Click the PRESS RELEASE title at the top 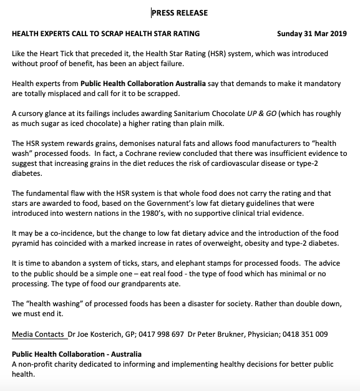(x=180, y=12)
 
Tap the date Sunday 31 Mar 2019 (x=311, y=33)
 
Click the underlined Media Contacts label (x=39, y=334)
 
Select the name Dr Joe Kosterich (x=95, y=334)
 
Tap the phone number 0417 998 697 (x=164, y=334)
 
